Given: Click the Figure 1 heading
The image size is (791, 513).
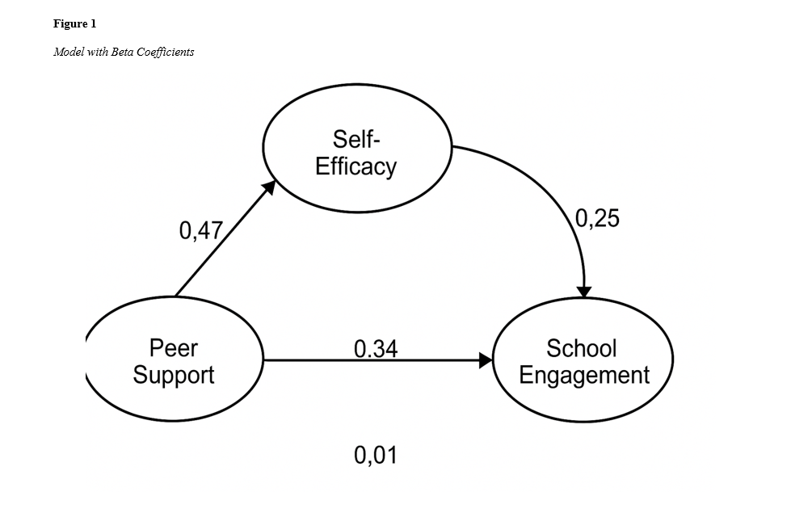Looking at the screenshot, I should pos(74,24).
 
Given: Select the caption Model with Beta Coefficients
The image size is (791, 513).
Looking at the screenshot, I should pos(124,53).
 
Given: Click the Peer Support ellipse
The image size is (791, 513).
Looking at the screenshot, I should pos(174,361).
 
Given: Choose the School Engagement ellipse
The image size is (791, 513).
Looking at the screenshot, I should pos(583,361).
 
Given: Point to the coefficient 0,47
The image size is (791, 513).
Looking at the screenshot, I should pos(200,232).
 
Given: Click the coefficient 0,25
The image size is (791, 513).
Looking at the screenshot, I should pos(597,218).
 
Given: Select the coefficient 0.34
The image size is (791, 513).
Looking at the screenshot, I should pos(376,349).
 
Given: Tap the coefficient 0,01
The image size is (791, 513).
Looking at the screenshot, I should pos(376,456).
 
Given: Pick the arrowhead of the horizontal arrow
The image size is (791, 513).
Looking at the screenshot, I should pos(486,360).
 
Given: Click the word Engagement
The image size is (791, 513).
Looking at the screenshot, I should pos(583,376).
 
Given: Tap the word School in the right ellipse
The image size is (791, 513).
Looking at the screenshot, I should pos(581,348).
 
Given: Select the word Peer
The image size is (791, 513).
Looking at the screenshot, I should pos(174,348).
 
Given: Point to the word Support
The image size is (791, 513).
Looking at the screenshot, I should pos(174,376).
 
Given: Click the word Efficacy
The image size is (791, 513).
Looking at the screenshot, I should pos(356,166).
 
